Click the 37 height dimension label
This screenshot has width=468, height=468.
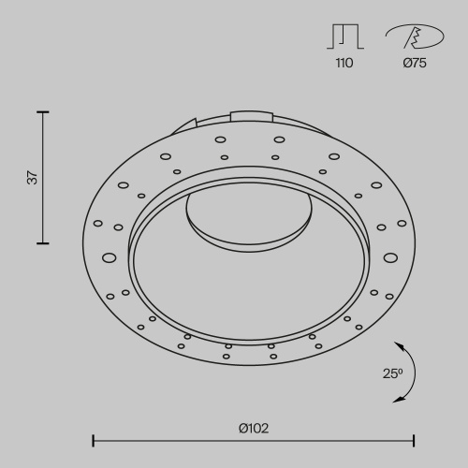click(31, 177)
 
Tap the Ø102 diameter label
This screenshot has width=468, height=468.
click(254, 428)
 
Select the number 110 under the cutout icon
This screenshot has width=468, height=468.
click(344, 64)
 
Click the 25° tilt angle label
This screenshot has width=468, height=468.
click(393, 373)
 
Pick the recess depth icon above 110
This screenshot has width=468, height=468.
click(344, 37)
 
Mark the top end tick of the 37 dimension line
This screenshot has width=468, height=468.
click(42, 112)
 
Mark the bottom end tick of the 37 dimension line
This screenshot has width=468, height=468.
click(42, 243)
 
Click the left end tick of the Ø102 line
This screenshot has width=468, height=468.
click(93, 439)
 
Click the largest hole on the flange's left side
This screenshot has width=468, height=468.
click(109, 256)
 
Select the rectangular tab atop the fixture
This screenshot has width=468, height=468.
click(252, 116)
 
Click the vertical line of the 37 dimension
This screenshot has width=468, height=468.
click(42, 178)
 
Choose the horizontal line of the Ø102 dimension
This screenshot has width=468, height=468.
click(254, 439)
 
